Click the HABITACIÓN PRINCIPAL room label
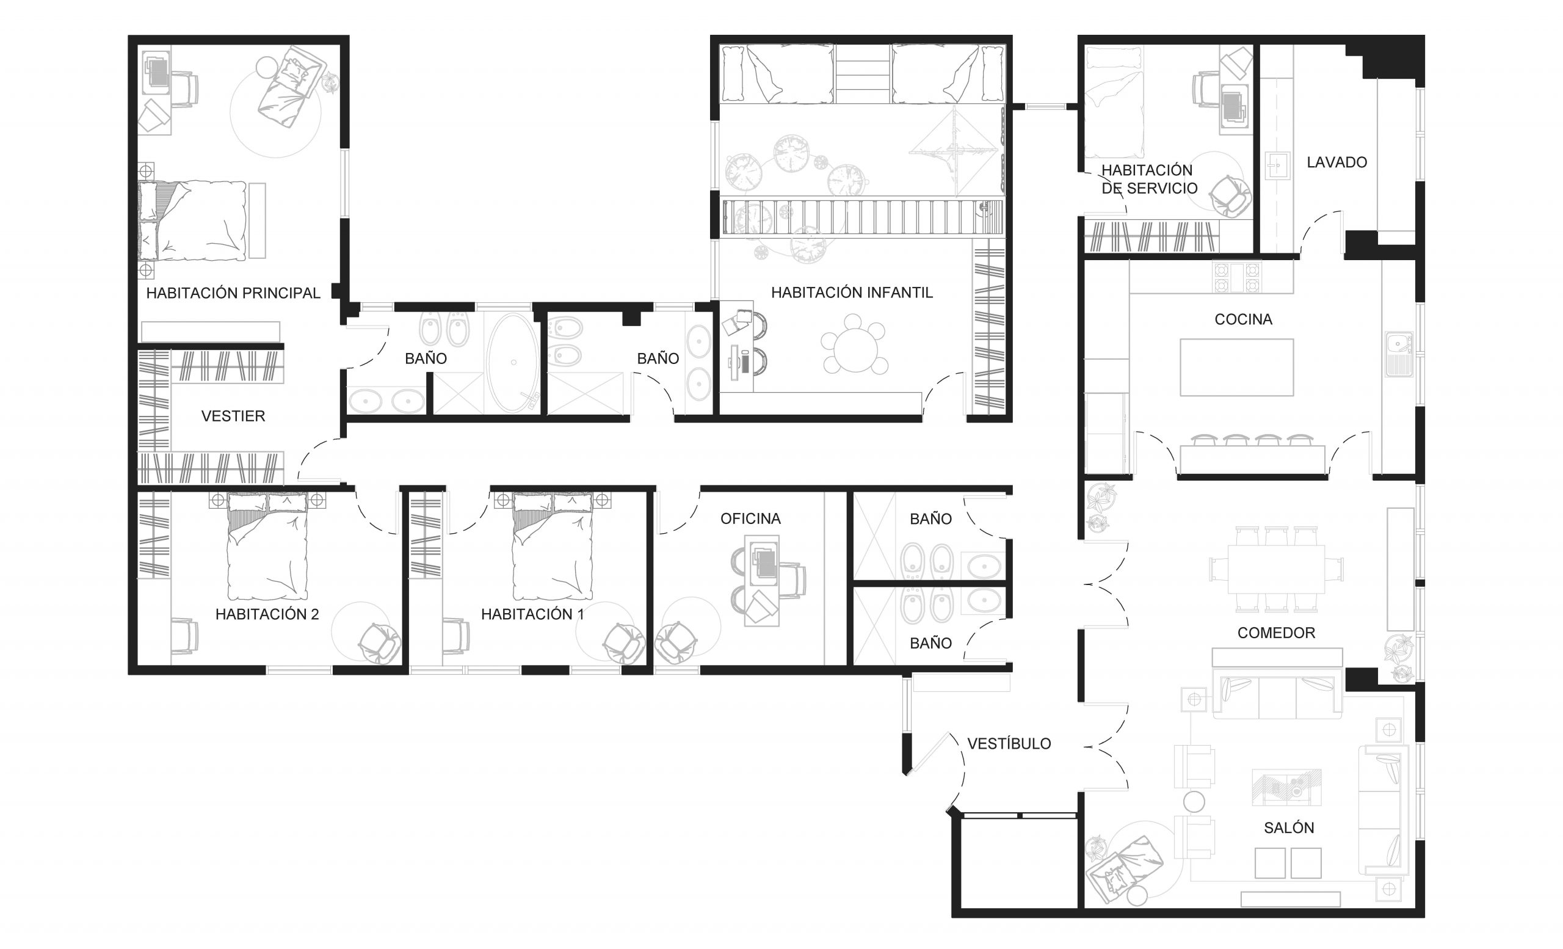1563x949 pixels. pos(233,293)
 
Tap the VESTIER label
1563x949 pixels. pos(233,416)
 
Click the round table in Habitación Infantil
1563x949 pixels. pos(855,350)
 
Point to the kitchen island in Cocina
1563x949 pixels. pos(1236,367)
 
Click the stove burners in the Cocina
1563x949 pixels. pos(1236,277)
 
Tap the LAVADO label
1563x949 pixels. pos(1336,162)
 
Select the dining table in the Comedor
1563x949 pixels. pos(1276,569)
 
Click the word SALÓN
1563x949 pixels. pos(1289,828)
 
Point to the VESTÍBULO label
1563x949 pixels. pos(1009,743)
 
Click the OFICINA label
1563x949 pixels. pos(750,519)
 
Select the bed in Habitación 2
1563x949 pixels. pos(267,546)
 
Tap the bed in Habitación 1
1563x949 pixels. pos(553,546)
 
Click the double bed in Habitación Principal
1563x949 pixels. pos(193,220)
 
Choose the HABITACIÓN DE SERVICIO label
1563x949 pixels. pos(1149,180)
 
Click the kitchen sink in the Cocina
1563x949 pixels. pos(1399,354)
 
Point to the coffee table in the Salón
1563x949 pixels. pos(1286,787)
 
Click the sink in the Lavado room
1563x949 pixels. pos(1277,166)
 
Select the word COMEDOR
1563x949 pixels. pos(1276,633)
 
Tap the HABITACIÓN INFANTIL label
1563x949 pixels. pos(852,293)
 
